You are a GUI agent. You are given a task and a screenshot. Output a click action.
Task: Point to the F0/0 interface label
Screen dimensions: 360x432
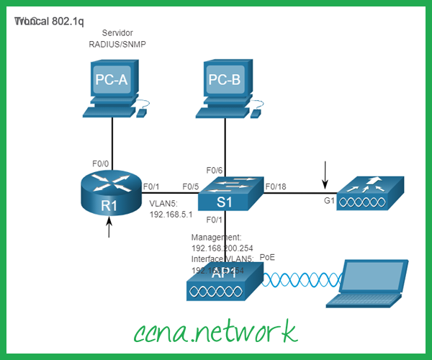101,163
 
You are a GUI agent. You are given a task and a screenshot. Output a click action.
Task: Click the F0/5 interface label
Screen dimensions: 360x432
190,187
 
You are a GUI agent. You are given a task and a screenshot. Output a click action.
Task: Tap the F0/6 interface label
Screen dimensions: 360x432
215,171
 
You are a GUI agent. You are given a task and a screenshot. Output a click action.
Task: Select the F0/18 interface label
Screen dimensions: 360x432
276,187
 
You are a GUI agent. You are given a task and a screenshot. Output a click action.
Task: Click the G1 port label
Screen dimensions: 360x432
330,201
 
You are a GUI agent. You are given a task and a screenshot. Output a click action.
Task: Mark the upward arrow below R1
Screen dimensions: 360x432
109,228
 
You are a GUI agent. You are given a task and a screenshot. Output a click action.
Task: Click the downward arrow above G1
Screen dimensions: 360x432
325,174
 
